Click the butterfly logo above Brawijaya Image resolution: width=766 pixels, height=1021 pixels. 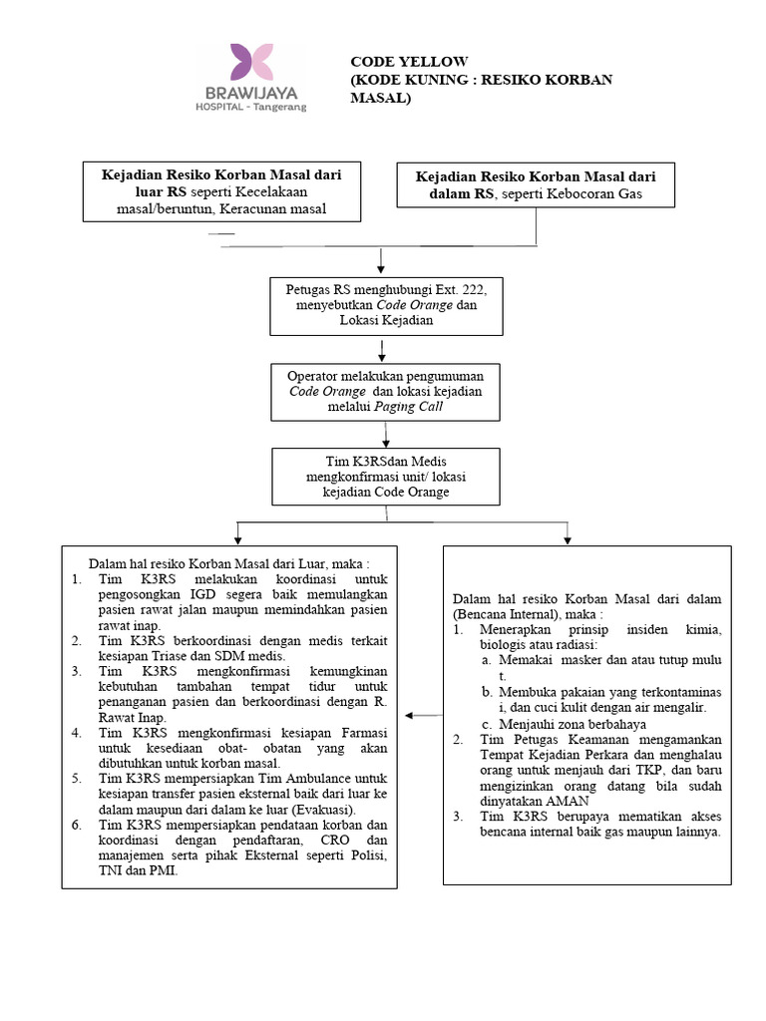tap(251, 62)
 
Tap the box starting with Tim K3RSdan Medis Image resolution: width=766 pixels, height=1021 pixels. tap(384, 476)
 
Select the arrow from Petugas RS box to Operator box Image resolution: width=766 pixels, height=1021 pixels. tap(382, 348)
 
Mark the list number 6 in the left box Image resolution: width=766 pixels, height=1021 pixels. tap(77, 825)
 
